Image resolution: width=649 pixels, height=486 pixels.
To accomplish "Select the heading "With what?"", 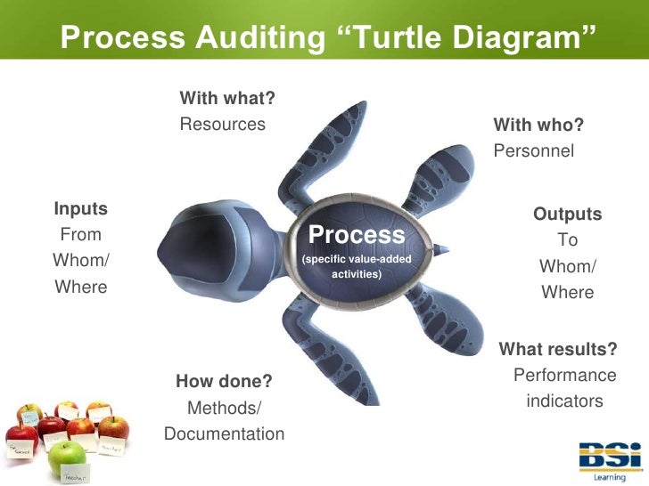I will (x=226, y=97).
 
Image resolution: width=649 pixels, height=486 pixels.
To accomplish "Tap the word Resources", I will (x=223, y=125).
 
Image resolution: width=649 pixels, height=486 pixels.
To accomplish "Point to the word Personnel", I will (x=534, y=151).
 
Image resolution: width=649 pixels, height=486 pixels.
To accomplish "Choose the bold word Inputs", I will (x=81, y=209).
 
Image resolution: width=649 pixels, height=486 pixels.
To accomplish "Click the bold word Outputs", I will (x=567, y=215).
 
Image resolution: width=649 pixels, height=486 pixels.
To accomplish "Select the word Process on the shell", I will (x=357, y=235).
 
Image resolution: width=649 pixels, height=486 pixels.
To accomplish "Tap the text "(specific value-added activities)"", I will (x=357, y=265).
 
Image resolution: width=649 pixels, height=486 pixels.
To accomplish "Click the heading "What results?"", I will (x=558, y=348).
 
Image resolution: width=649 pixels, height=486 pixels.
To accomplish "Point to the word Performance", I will (x=565, y=375).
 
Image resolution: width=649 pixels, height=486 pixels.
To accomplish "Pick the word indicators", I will (x=565, y=401).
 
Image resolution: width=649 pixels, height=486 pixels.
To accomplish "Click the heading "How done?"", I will (x=224, y=382).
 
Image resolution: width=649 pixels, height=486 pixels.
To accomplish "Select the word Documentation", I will (x=225, y=434).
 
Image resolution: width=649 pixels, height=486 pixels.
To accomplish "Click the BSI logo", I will (x=610, y=458).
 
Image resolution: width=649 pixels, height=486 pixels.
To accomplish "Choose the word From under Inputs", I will (x=81, y=235).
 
